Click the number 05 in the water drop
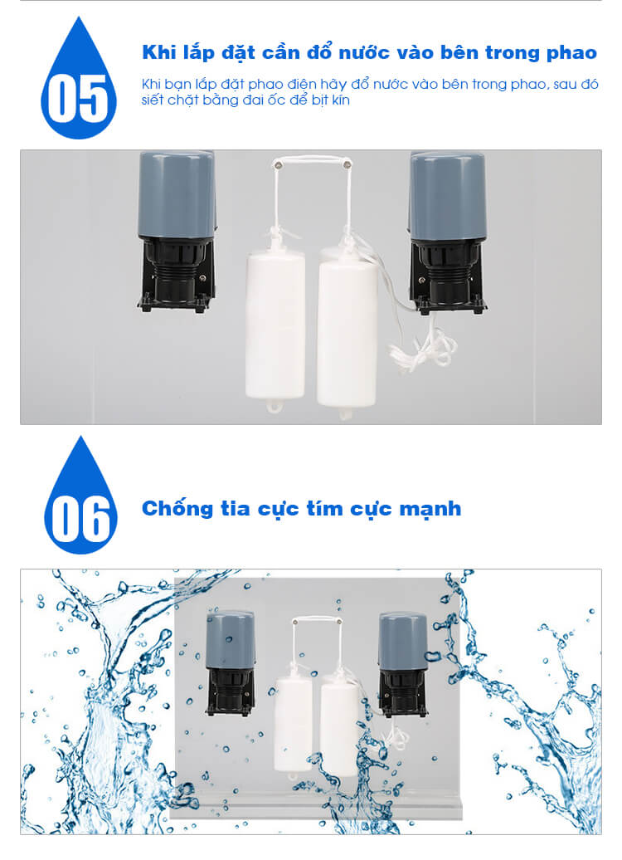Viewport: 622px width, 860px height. click(78, 99)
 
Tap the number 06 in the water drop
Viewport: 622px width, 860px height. click(80, 519)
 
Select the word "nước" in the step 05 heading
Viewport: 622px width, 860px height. click(362, 52)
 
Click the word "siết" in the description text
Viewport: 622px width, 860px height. click(152, 100)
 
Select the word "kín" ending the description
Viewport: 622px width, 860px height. click(340, 100)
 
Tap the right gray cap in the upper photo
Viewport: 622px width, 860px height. click(447, 197)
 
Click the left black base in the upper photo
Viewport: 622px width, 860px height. click(177, 276)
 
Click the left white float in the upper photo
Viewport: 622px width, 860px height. click(275, 324)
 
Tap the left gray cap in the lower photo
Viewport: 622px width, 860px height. click(231, 639)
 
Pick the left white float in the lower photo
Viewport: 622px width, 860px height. click(294, 723)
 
